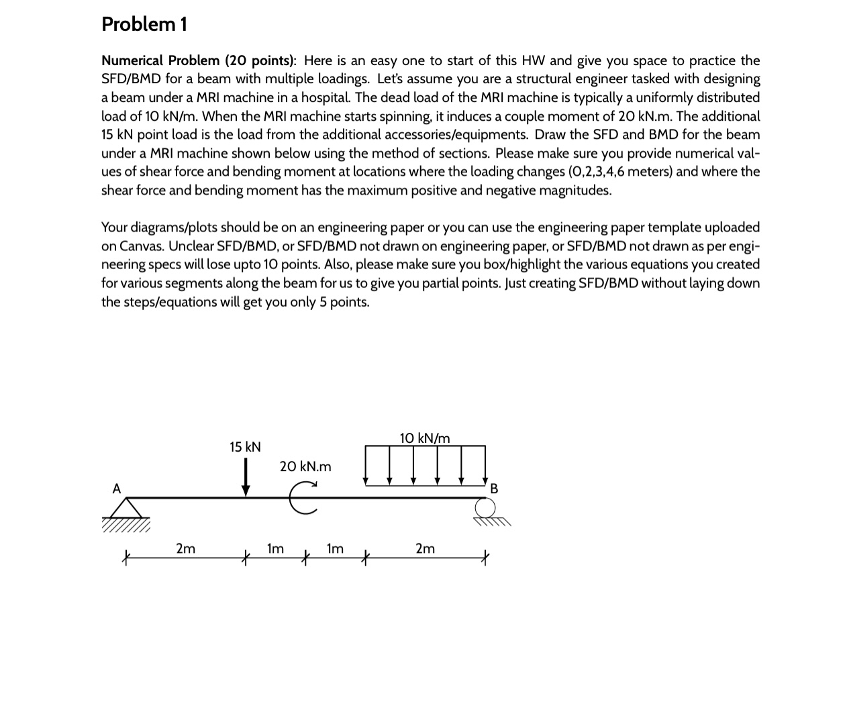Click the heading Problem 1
(144, 24)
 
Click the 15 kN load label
(245, 447)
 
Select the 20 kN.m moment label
(305, 466)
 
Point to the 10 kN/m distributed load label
(425, 438)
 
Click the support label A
(117, 489)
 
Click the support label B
(495, 489)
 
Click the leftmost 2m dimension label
(186, 548)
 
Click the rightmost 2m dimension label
(425, 548)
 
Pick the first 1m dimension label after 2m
(275, 548)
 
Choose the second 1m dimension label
(335, 548)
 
